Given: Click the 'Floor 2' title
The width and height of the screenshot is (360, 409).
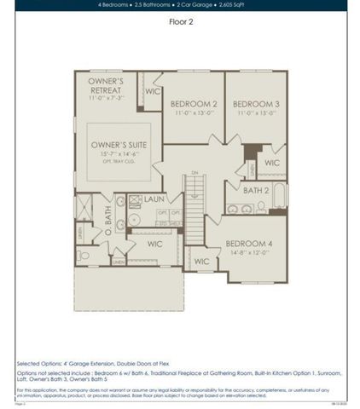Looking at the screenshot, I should tap(181, 23).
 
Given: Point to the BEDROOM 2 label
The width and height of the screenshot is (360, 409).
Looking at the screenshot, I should tap(192, 103).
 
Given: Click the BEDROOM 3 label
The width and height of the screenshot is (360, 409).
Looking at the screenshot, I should tap(257, 103).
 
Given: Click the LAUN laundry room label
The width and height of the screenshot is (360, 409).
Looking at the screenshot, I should tap(154, 199).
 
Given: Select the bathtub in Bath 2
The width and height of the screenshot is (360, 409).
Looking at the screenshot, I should tap(279, 196).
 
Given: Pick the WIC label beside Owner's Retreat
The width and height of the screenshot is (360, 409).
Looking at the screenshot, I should tap(153, 90).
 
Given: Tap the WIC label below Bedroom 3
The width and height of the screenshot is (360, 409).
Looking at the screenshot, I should tap(271, 162).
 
